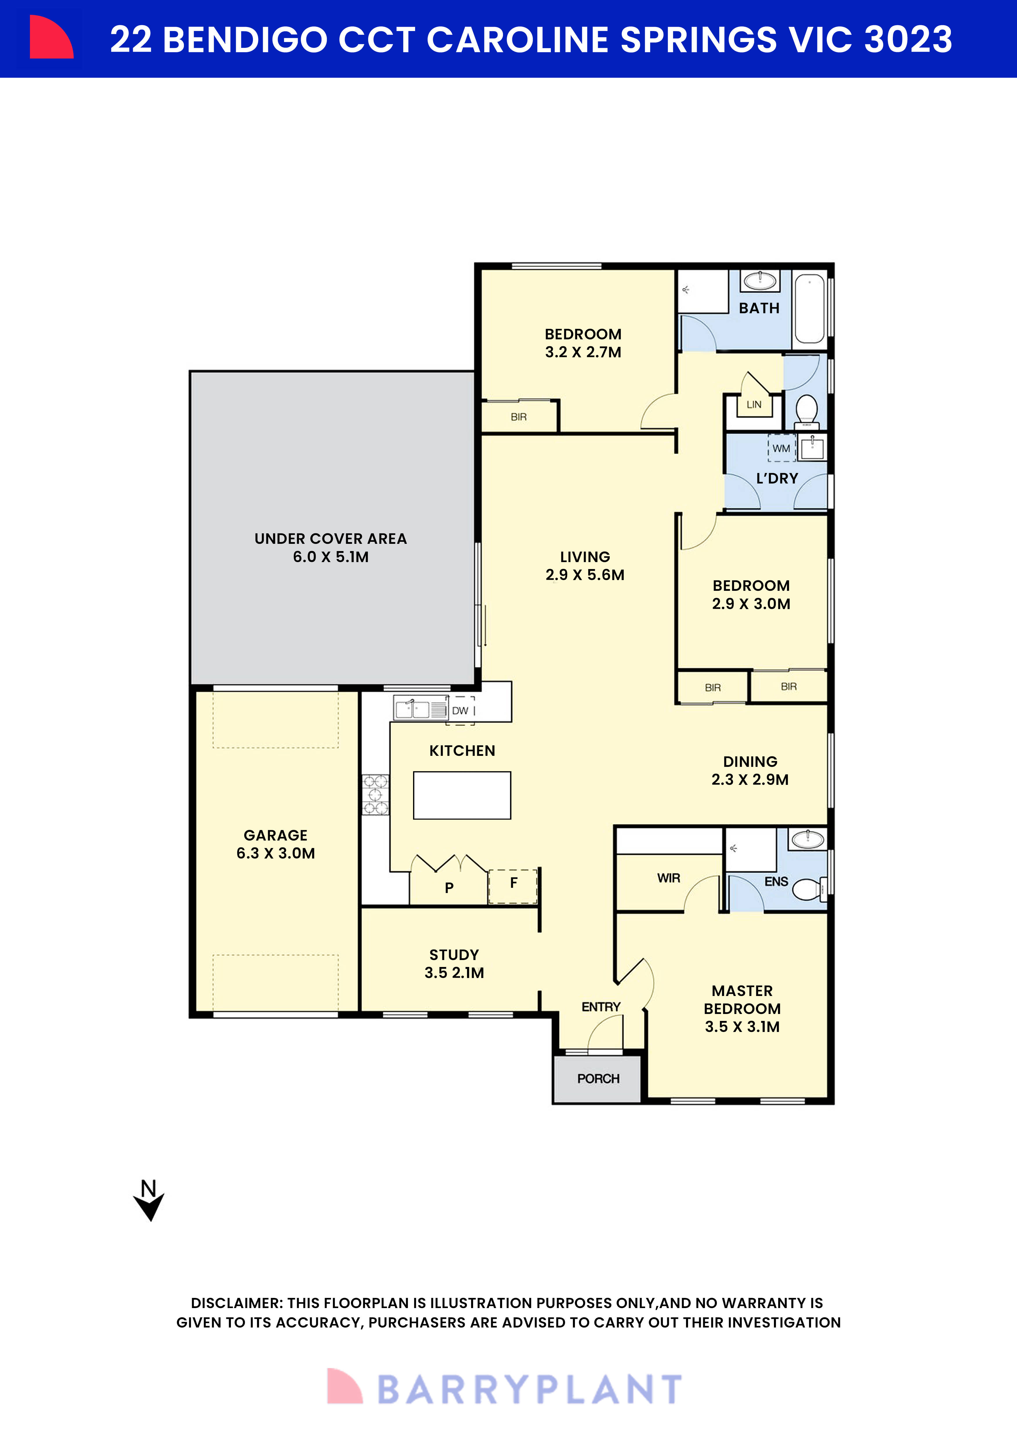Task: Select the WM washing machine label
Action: pos(781,448)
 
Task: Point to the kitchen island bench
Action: pos(462,795)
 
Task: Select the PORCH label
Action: pos(598,1078)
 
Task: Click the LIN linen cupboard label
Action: pos(754,405)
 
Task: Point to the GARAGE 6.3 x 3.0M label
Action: pos(276,844)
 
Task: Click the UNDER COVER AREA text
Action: pos(331,539)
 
